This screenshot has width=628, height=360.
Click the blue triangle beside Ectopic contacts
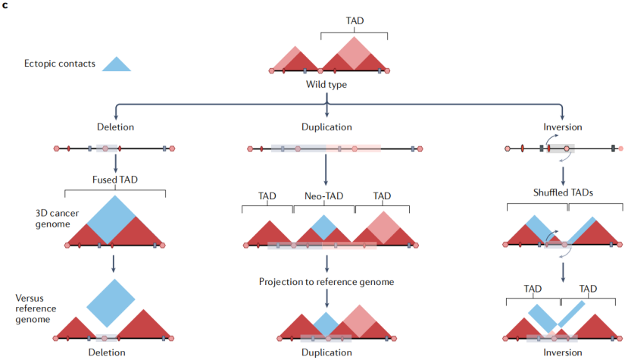(x=117, y=64)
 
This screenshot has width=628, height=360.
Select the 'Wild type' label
(x=326, y=85)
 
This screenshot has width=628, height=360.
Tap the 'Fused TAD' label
(x=115, y=180)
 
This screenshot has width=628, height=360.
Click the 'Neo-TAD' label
(x=323, y=196)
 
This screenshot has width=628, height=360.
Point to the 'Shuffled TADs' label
(x=563, y=193)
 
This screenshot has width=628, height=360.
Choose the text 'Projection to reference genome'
(x=326, y=282)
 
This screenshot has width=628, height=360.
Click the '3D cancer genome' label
(x=57, y=218)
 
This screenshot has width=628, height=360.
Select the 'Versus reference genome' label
(x=36, y=308)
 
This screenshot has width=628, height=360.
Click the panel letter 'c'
(x=5, y=5)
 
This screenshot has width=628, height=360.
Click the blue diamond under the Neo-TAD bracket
(x=323, y=227)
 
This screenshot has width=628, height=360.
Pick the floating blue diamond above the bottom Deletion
(x=111, y=303)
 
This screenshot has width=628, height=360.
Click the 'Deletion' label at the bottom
(x=107, y=352)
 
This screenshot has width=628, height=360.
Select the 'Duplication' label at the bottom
(x=326, y=352)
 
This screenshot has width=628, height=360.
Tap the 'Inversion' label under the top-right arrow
(x=563, y=127)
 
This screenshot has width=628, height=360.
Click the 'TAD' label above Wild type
(x=355, y=21)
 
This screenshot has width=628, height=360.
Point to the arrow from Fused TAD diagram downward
(x=114, y=264)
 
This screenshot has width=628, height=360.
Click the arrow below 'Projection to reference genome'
(x=326, y=299)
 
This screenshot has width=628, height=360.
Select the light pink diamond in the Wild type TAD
(x=354, y=53)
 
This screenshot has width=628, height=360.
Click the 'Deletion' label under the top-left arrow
(x=115, y=127)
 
